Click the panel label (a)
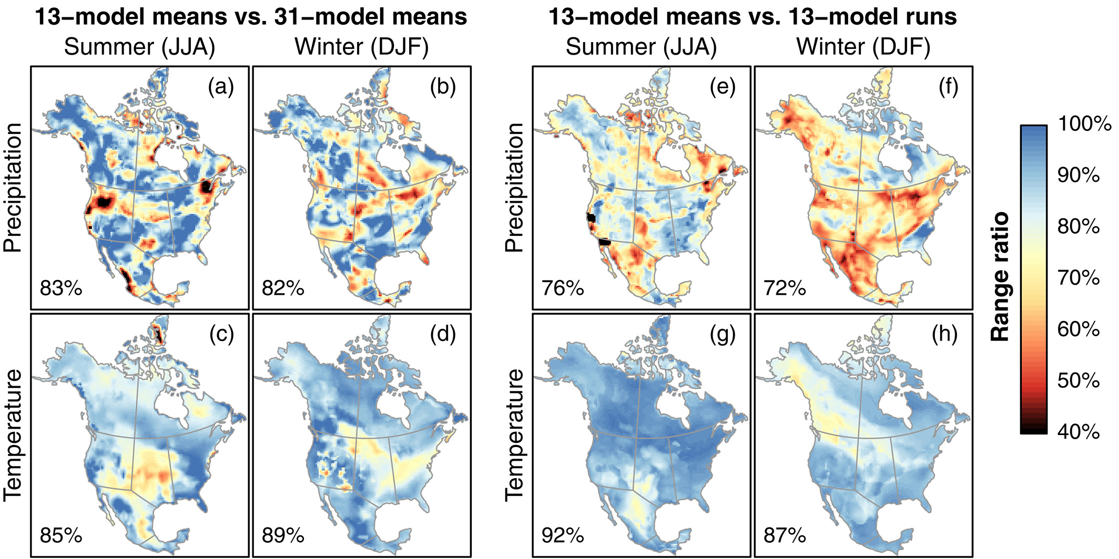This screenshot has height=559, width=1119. coord(221,87)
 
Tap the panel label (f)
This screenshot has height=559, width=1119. coord(948,87)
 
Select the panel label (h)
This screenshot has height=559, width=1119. coord(944,334)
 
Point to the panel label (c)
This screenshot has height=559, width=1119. coord(221,334)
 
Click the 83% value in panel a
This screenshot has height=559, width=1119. coord(61,288)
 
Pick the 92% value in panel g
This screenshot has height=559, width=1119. coord(563,536)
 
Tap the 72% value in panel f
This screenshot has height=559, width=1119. coord(785,288)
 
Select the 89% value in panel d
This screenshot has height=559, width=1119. coord(283,536)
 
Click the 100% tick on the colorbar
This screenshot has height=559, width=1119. coord(1084,125)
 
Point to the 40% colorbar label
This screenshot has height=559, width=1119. coord(1079,432)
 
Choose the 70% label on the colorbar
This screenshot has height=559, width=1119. coord(1079,278)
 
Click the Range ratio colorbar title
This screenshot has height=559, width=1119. coord(1000,277)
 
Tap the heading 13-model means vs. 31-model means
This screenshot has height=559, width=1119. coord(250,17)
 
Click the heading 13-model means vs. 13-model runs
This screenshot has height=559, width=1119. coord(752,17)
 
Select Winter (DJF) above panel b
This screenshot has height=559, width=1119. coord(362,47)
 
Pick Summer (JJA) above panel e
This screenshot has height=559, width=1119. coord(641,47)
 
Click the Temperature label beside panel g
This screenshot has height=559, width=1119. coord(515,435)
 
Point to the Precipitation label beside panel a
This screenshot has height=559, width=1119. coord(13,188)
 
